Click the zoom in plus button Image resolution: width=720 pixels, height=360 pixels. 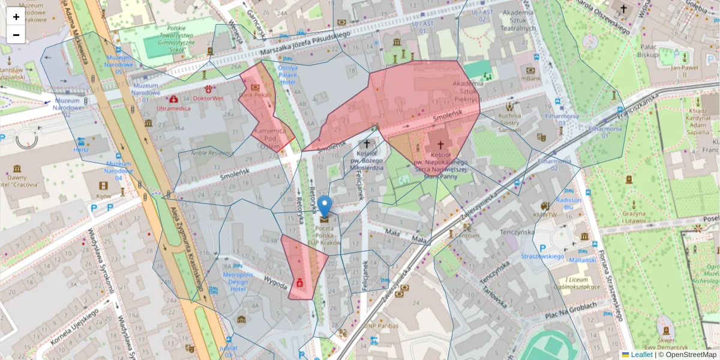click(16, 17)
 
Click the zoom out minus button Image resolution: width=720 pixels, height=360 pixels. click(16, 35)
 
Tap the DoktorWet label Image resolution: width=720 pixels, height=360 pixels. click(208, 98)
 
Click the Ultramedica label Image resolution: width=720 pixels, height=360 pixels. click(173, 109)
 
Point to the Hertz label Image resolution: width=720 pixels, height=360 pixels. click(80, 149)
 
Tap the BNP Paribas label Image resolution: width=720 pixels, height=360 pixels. click(382, 325)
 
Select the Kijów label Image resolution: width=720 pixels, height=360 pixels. click(104, 196)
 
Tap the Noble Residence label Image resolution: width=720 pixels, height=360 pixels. click(211, 152)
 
